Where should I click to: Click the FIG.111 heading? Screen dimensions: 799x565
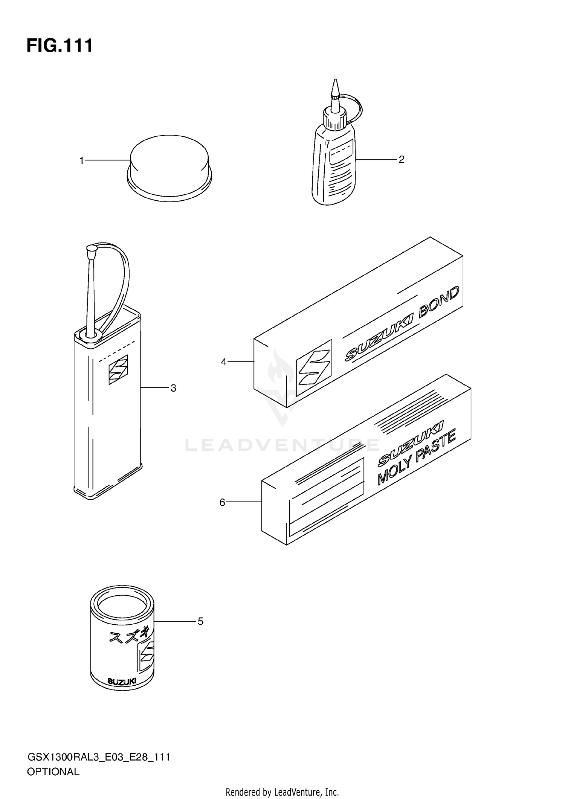pos(60,46)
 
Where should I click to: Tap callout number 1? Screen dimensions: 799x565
pos(81,161)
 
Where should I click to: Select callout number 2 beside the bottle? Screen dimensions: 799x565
pos(402,160)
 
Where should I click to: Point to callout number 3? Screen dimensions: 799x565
pos(173,388)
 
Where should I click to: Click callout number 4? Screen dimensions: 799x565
pos(224,362)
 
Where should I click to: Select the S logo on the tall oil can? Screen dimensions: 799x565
pos(118,369)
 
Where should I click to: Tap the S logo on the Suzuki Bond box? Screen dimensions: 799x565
pos(314,367)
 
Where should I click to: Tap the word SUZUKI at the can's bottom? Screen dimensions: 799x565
pos(122,681)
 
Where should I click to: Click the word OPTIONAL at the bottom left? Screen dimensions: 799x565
pos(53,772)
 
